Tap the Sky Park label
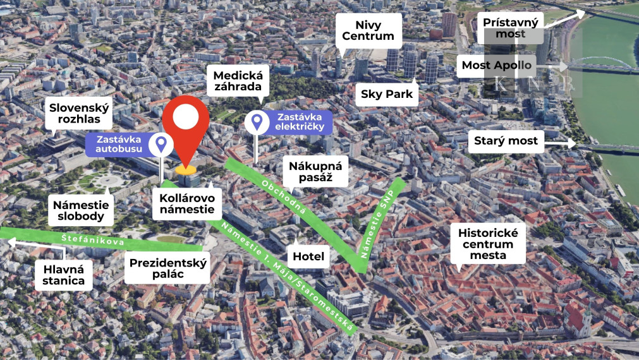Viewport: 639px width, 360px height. [x=387, y=95]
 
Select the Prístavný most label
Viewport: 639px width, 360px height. [x=510, y=28]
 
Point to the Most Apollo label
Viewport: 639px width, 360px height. [x=496, y=66]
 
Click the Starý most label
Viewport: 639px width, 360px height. [x=506, y=140]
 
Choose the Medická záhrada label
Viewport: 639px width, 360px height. [x=237, y=81]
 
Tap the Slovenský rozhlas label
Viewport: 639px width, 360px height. [x=80, y=114]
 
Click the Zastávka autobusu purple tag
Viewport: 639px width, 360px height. [x=119, y=144]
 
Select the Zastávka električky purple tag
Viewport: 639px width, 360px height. [x=299, y=122]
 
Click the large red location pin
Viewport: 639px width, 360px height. [x=185, y=126]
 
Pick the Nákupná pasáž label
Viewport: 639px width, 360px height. [x=315, y=172]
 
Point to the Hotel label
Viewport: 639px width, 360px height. [x=308, y=256]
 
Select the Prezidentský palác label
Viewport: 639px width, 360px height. [x=168, y=268]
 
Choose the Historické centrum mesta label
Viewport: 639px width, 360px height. [x=488, y=244]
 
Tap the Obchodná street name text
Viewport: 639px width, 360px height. [x=292, y=198]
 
